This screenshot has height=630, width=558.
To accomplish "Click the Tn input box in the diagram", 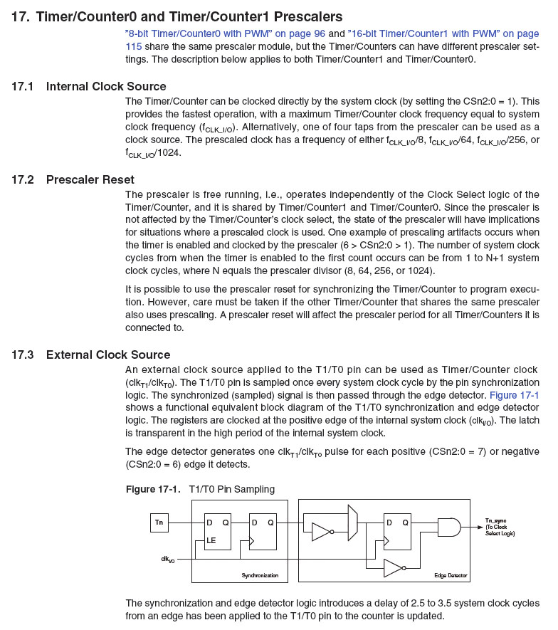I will pyautogui.click(x=159, y=523).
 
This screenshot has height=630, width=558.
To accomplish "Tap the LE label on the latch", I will pyautogui.click(x=211, y=540).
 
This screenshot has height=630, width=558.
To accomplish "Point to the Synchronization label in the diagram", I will pyautogui.click(x=256, y=574).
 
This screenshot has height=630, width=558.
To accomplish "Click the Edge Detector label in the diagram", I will pyautogui.click(x=451, y=574).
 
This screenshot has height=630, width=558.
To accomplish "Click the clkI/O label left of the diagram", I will pyautogui.click(x=168, y=560).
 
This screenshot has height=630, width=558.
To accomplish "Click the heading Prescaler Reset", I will pyautogui.click(x=90, y=179).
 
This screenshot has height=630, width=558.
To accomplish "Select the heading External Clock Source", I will pyautogui.click(x=108, y=355).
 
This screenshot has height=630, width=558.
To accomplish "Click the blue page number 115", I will pyautogui.click(x=133, y=46).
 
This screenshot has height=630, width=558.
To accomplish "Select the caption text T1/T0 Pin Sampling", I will pyautogui.click(x=231, y=489).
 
